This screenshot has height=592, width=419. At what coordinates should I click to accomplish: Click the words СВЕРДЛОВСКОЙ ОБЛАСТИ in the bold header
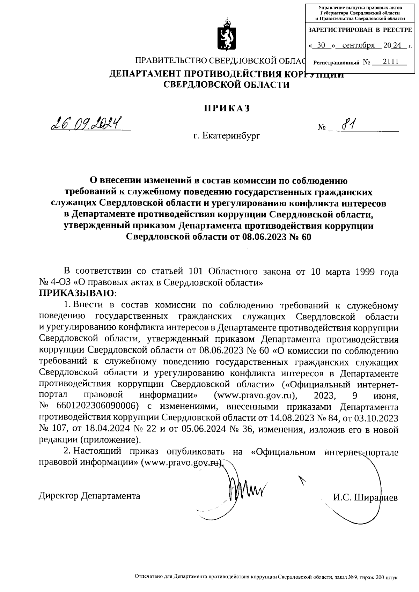click(227, 84)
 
